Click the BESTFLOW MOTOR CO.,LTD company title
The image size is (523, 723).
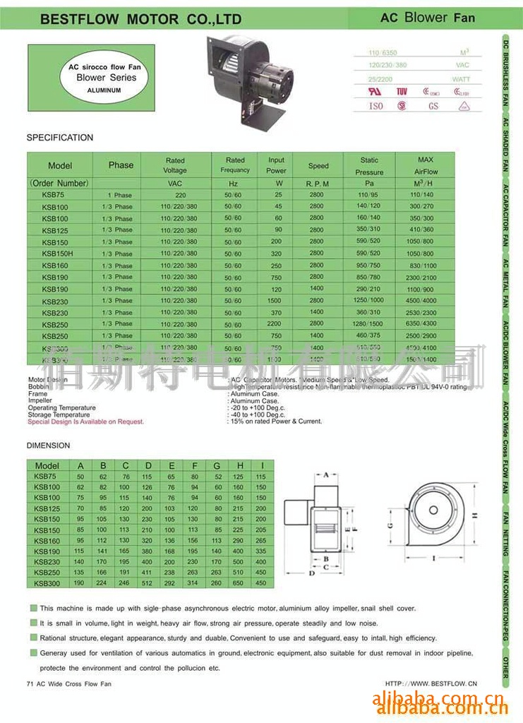click(140, 19)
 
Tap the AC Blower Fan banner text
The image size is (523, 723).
click(428, 18)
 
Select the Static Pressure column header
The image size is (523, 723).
click(369, 166)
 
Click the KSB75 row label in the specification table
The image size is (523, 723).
click(53, 195)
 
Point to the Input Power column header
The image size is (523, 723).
click(276, 165)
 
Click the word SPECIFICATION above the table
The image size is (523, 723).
click(60, 138)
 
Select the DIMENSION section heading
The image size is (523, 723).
click(49, 446)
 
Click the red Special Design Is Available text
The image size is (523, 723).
click(85, 422)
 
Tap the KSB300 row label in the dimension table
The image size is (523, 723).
click(47, 583)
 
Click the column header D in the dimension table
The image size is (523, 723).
click(148, 465)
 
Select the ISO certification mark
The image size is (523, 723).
click(376, 106)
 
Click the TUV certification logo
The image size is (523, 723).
click(402, 91)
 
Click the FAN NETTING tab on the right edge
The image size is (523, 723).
click(506, 532)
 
